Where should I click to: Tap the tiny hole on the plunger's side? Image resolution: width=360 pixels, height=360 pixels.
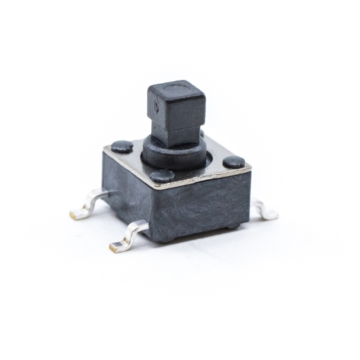click(155, 105)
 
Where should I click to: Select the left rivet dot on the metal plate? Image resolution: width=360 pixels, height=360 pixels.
click(122, 147)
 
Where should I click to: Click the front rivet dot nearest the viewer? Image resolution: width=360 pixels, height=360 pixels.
click(162, 175)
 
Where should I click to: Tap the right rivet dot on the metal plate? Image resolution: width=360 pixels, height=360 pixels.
click(234, 162)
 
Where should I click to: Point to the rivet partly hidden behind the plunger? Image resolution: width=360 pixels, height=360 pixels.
click(202, 135)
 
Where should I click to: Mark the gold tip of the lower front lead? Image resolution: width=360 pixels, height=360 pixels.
click(115, 247)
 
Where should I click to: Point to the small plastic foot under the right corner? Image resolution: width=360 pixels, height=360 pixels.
click(233, 226)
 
